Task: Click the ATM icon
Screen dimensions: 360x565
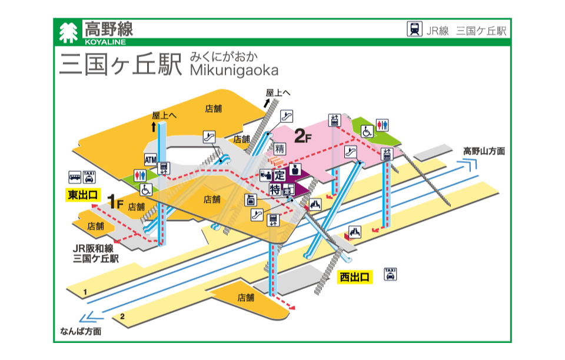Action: click(x=150, y=159)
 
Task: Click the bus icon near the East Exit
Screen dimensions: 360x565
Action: click(x=75, y=176)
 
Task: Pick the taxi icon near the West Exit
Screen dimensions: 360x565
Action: click(x=390, y=274)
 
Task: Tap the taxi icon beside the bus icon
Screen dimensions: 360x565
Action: click(x=89, y=176)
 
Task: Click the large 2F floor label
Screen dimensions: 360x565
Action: click(x=303, y=138)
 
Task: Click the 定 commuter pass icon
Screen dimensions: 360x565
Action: click(x=280, y=175)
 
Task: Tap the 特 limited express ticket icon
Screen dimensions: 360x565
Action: click(x=275, y=189)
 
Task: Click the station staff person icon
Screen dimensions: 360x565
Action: click(x=296, y=170)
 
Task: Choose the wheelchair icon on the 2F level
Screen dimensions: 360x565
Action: click(x=367, y=131)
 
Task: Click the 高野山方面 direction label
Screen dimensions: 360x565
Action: click(x=484, y=151)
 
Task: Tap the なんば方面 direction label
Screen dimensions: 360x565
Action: click(x=81, y=331)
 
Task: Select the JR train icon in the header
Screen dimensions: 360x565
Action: click(x=414, y=29)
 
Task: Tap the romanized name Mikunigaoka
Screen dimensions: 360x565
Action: click(x=234, y=70)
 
